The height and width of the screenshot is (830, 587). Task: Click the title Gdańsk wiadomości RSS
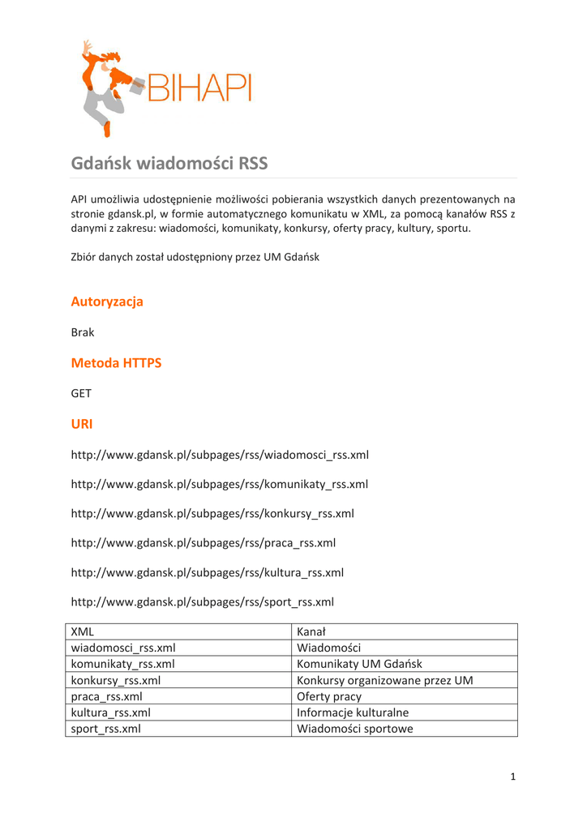point(169,164)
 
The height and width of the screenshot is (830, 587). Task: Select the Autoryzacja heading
point(107,302)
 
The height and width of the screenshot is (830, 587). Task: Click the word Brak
point(83,332)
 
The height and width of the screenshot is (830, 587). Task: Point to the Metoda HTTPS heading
point(116,363)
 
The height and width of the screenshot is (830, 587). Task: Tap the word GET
point(81,393)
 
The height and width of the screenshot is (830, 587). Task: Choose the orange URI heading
point(82,424)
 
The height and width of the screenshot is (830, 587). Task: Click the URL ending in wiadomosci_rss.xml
point(220,455)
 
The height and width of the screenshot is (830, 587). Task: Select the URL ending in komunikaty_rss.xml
point(220,485)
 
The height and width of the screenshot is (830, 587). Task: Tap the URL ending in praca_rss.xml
point(204,543)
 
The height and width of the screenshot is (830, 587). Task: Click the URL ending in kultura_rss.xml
point(208,572)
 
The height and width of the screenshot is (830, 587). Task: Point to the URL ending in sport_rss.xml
point(203,601)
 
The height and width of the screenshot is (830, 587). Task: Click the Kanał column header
point(311,631)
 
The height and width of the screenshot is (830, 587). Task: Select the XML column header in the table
point(83,631)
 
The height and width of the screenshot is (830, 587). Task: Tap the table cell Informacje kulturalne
point(353,712)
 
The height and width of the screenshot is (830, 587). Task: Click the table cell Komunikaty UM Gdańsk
point(359,664)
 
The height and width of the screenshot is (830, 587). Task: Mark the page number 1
point(512,777)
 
